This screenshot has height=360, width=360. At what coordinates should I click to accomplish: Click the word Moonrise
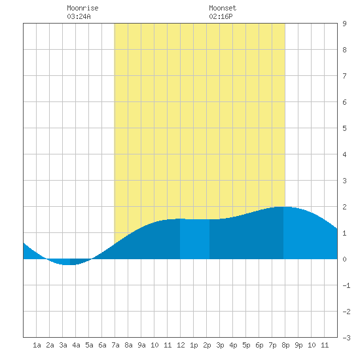pyautogui.click(x=82, y=8)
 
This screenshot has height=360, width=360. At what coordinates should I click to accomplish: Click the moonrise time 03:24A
pyautogui.click(x=79, y=16)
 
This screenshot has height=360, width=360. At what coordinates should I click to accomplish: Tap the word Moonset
pyautogui.click(x=223, y=8)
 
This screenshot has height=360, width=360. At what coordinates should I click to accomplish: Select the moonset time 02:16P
pyautogui.click(x=221, y=16)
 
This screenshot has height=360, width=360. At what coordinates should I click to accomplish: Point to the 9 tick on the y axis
pyautogui.click(x=344, y=24)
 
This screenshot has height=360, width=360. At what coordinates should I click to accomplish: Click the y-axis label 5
pyautogui.click(x=344, y=128)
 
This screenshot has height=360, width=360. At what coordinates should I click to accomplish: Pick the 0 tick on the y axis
pyautogui.click(x=344, y=259)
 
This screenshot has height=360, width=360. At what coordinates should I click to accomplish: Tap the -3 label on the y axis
pyautogui.click(x=346, y=338)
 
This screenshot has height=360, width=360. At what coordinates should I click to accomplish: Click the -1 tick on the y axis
pyautogui.click(x=346, y=285)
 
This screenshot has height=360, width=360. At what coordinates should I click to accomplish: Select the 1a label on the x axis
pyautogui.click(x=37, y=345)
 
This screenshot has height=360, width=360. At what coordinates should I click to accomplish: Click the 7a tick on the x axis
pyautogui.click(x=115, y=345)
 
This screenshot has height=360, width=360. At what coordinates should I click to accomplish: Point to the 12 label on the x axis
pyautogui.click(x=181, y=345)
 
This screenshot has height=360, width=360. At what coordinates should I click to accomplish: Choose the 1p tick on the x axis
pyautogui.click(x=194, y=345)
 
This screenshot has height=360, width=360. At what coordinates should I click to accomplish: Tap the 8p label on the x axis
pyautogui.click(x=285, y=345)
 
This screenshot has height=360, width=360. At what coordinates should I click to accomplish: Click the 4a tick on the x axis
pyautogui.click(x=76, y=345)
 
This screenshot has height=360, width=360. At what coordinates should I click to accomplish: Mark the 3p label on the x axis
pyautogui.click(x=220, y=345)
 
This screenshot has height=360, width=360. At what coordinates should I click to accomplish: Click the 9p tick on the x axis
pyautogui.click(x=298, y=345)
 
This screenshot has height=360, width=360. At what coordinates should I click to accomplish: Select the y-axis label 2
pyautogui.click(x=344, y=207)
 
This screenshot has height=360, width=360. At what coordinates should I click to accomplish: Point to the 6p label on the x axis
pyautogui.click(x=259, y=345)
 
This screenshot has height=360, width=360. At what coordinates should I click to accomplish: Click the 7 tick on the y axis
pyautogui.click(x=344, y=76)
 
